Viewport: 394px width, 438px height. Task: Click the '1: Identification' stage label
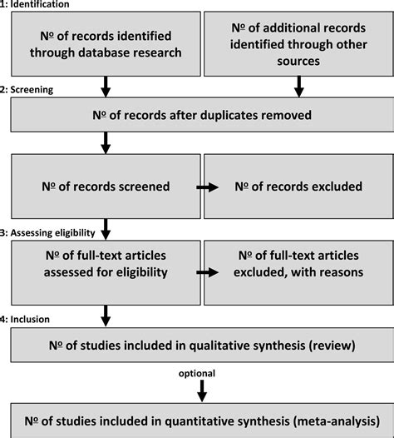(x=36, y=5)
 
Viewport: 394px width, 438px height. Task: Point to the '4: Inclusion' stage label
(x=27, y=318)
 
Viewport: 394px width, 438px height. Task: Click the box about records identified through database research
(x=106, y=43)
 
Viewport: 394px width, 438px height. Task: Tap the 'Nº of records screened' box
(x=106, y=187)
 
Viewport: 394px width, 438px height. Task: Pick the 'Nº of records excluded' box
(x=297, y=187)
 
